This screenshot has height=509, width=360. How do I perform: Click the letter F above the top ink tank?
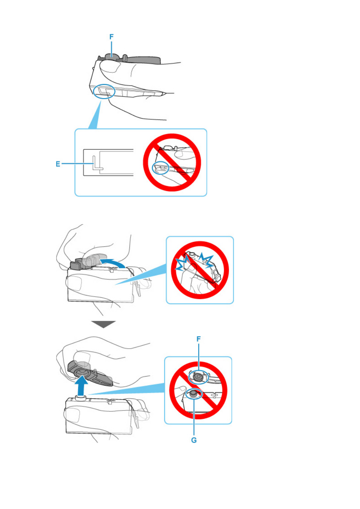pos(111,37)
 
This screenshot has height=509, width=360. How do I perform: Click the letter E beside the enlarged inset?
pos(58,164)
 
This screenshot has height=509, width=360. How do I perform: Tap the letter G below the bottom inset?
pos(194,440)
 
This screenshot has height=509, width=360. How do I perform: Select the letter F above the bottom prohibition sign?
pos(198,339)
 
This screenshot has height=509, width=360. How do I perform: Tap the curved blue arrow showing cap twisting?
pos(113,262)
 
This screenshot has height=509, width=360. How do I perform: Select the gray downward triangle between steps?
pos(103,324)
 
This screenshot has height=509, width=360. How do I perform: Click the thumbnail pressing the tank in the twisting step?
pos(73,283)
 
